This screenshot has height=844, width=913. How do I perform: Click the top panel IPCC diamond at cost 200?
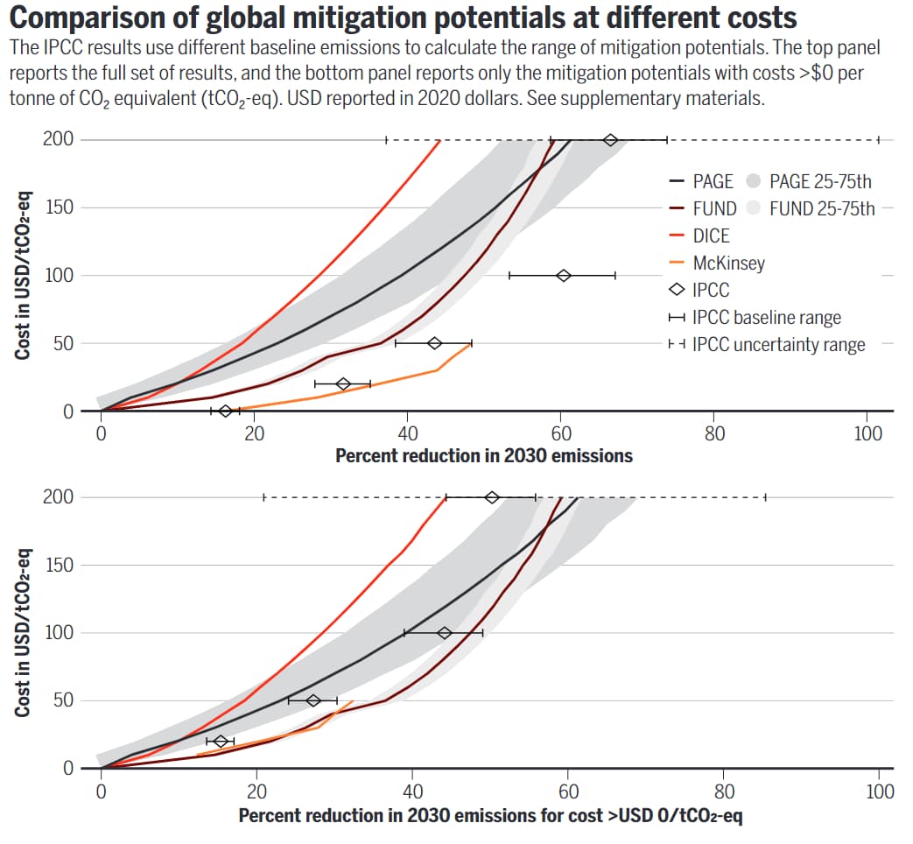tap(611, 140)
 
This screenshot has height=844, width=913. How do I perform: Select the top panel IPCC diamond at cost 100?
tap(564, 276)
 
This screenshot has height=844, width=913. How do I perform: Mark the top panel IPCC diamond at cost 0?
tap(226, 411)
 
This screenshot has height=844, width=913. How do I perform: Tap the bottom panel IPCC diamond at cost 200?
tap(492, 497)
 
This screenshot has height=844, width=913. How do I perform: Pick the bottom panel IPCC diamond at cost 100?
tap(445, 633)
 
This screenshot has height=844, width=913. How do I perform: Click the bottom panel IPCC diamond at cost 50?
tap(313, 700)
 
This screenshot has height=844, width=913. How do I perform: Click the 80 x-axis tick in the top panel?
tap(714, 433)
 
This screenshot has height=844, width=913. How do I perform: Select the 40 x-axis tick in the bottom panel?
tap(412, 791)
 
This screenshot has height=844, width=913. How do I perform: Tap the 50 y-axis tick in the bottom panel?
tap(64, 700)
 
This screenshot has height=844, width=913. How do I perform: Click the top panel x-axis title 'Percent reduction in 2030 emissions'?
tap(483, 455)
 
